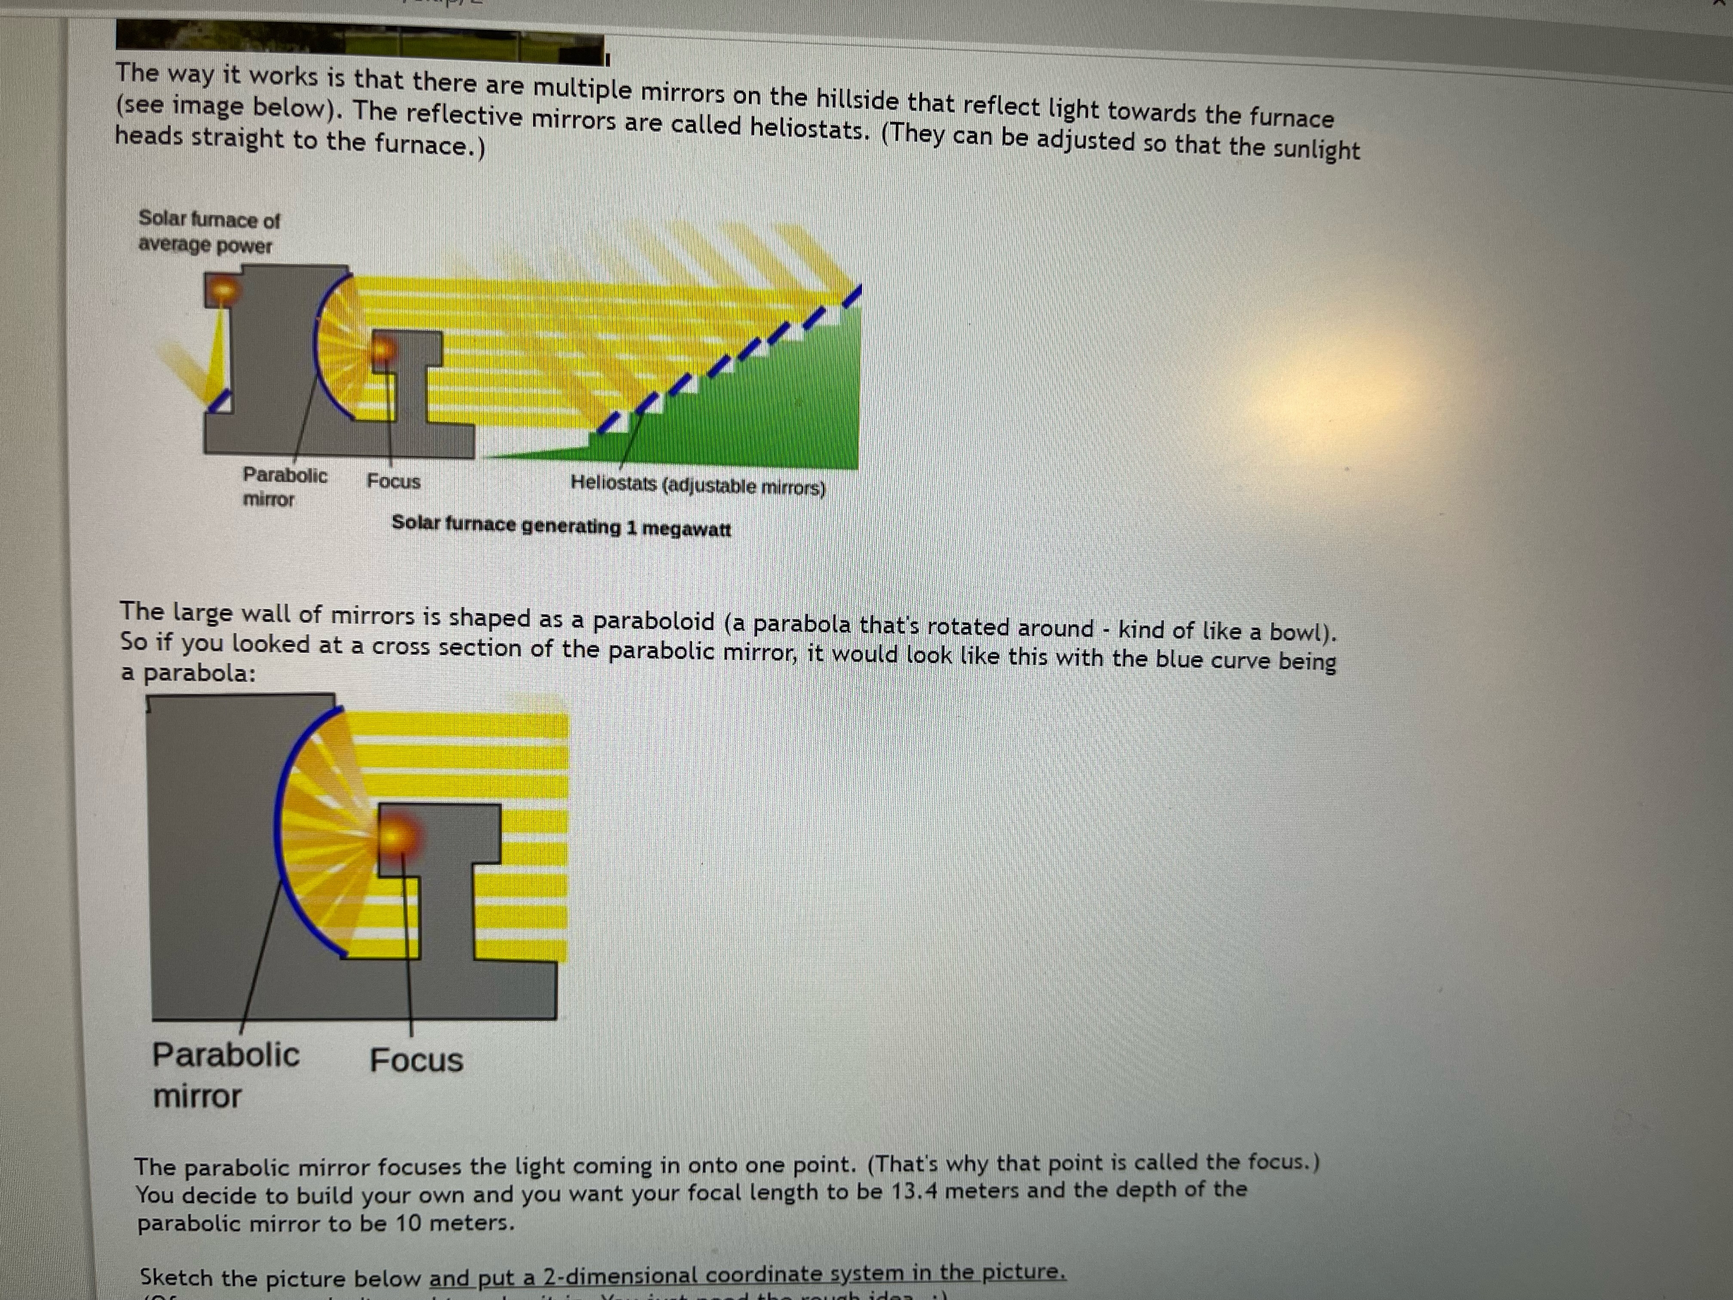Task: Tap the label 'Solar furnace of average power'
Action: (x=208, y=232)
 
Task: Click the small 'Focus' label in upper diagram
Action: (x=393, y=481)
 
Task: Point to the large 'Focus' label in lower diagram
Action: (x=416, y=1060)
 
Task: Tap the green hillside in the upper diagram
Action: (x=768, y=408)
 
